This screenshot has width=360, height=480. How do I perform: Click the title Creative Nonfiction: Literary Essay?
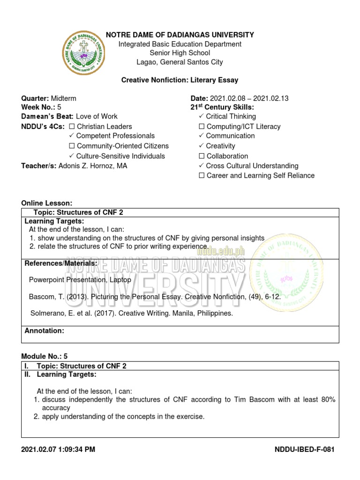[180, 80]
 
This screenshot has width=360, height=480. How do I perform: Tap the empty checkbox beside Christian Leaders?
[72, 127]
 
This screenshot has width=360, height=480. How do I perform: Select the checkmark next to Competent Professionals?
[72, 136]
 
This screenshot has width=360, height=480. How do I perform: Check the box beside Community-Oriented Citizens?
[72, 146]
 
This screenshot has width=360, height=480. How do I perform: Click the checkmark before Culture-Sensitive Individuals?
[72, 156]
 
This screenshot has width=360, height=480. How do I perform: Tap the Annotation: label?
[44, 331]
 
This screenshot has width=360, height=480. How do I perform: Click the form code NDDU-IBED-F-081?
[305, 450]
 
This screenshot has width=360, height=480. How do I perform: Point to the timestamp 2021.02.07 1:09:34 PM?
[58, 450]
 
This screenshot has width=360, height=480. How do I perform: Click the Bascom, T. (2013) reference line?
[155, 297]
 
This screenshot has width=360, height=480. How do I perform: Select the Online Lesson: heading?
[47, 203]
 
